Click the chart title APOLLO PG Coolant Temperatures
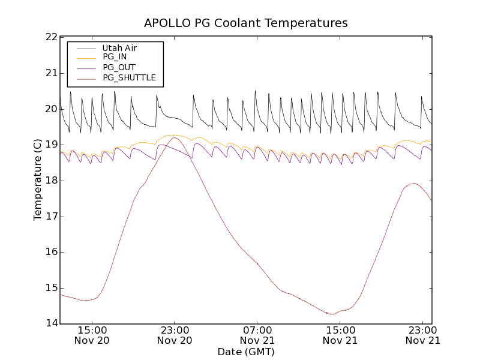coord(245,23)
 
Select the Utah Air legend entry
coord(119,47)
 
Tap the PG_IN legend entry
coord(115,57)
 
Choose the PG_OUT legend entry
coord(119,67)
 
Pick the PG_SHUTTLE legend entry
coord(129,77)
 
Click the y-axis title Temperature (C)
coord(38,179)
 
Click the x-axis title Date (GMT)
coord(245,352)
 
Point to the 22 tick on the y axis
coord(50,37)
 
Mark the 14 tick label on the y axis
coord(50,323)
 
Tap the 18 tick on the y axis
coord(50,181)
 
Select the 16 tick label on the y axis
coord(50,252)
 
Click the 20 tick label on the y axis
coord(50,109)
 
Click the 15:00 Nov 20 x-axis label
coord(92,335)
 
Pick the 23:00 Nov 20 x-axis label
coord(175,335)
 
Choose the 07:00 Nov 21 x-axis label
coord(257,335)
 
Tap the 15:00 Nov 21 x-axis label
coord(340,335)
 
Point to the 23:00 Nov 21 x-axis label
coord(423,335)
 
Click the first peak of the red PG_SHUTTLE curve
coord(175,137)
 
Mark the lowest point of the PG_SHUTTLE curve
coord(332,314)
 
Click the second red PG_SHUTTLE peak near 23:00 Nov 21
coord(413,183)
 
